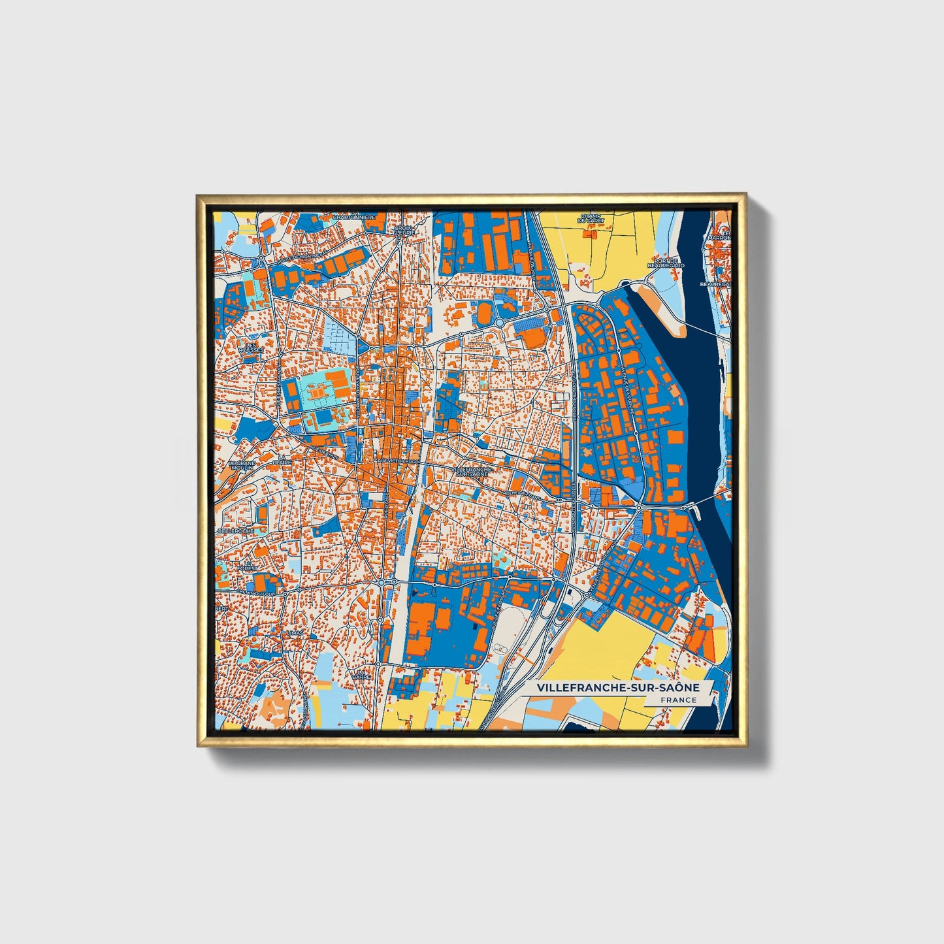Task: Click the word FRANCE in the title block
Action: point(678,700)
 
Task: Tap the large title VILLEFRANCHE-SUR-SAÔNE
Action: point(618,688)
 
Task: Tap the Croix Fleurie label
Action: point(404,230)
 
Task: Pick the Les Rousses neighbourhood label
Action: point(249,348)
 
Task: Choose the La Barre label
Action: point(361,674)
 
